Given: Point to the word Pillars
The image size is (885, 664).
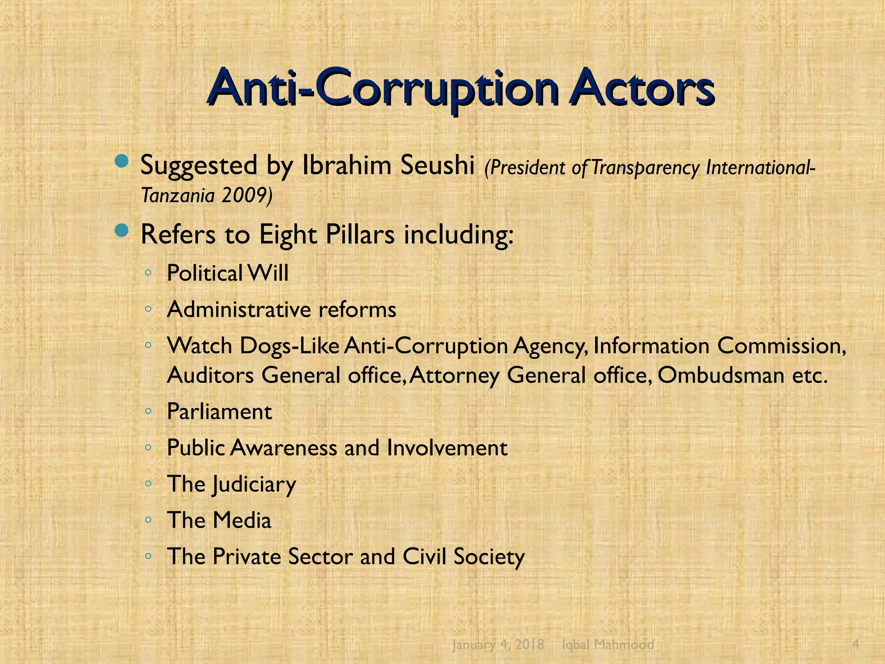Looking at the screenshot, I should (360, 235).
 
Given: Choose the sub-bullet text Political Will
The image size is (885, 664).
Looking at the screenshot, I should (227, 273).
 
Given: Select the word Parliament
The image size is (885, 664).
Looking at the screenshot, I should (219, 412).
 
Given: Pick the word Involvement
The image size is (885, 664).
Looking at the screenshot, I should (447, 448).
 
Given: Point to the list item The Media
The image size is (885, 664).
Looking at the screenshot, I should (219, 520).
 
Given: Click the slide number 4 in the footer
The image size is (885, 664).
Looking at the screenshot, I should (856, 645).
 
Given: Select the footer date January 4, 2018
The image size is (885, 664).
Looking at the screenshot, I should (498, 645).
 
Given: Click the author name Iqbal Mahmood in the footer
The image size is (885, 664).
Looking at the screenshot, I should (608, 645).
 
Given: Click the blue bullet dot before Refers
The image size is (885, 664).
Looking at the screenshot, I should (122, 231).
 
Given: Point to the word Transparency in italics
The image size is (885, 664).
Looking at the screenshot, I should (645, 168).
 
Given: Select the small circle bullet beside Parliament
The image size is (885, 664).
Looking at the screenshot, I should (148, 411).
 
